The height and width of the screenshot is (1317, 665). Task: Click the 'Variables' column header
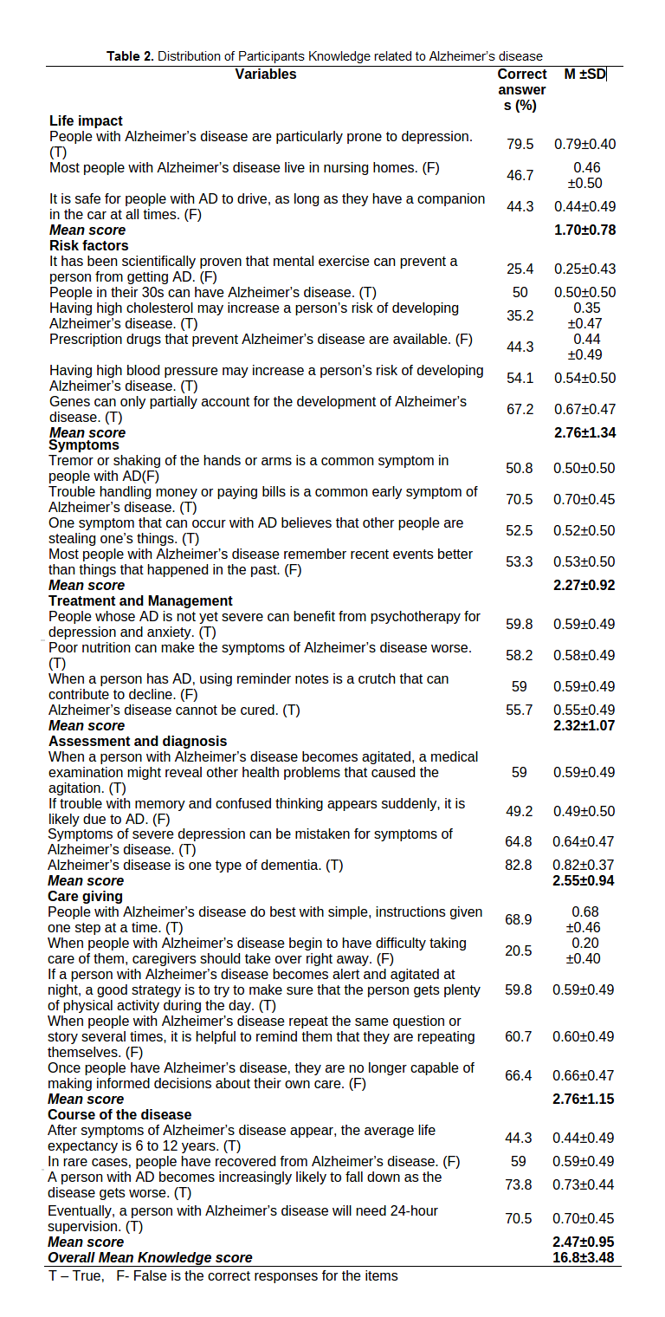(x=265, y=75)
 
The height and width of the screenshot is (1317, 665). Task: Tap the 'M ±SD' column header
(x=585, y=75)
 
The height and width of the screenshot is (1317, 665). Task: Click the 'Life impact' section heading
(x=86, y=120)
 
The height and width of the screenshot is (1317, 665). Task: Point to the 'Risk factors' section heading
(x=88, y=245)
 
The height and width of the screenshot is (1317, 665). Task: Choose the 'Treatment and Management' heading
(x=140, y=600)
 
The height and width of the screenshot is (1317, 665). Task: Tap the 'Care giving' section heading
(x=85, y=896)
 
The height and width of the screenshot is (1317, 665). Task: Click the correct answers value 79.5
(x=520, y=144)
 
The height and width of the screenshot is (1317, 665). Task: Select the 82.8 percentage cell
(x=519, y=865)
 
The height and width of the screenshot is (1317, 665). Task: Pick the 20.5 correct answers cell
(x=519, y=950)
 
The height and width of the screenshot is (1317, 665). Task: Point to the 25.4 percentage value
(x=520, y=269)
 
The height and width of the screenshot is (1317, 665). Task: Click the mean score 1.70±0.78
(x=584, y=230)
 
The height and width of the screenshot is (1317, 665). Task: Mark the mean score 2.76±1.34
(x=584, y=432)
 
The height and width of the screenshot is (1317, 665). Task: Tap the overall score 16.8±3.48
(x=584, y=1257)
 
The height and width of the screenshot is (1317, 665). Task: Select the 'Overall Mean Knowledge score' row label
(x=150, y=1257)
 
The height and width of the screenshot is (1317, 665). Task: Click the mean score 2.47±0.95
(x=584, y=1242)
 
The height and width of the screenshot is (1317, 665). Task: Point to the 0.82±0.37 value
(x=584, y=865)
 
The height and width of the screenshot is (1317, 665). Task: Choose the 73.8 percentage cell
(x=519, y=1184)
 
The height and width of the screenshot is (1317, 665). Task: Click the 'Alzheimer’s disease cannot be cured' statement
(x=174, y=710)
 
